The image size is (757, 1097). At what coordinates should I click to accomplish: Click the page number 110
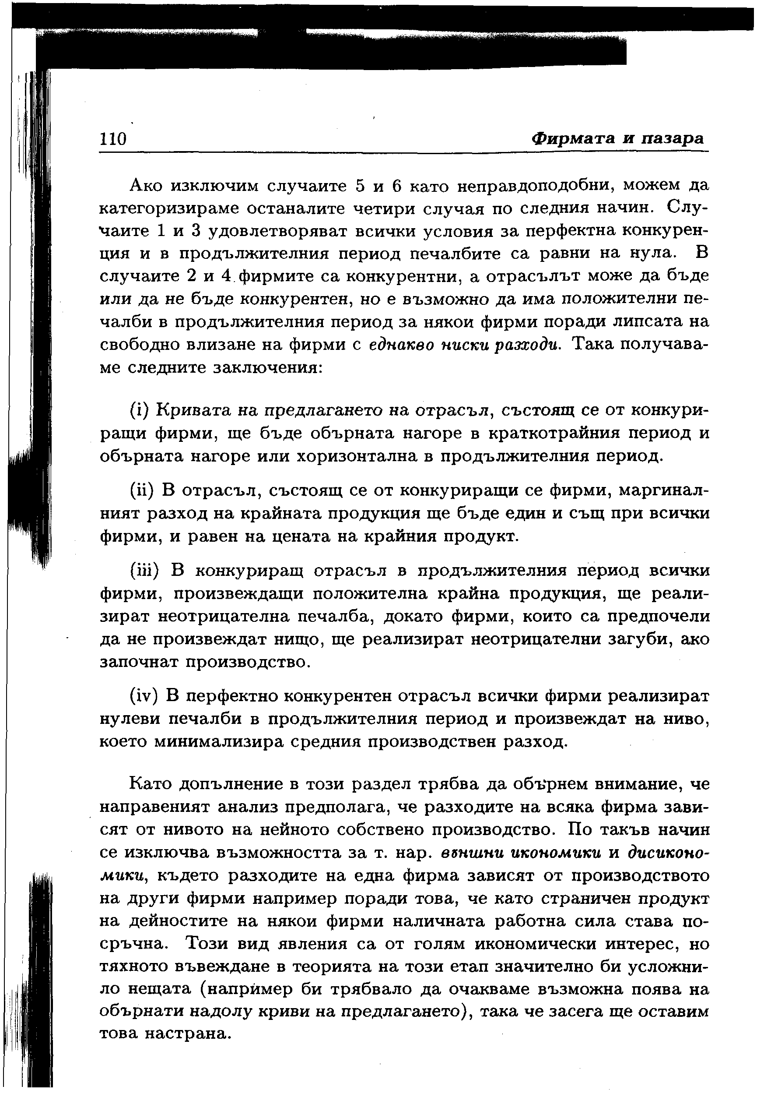113,139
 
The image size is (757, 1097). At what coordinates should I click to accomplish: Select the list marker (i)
139,410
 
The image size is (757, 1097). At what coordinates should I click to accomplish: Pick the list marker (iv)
144,696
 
